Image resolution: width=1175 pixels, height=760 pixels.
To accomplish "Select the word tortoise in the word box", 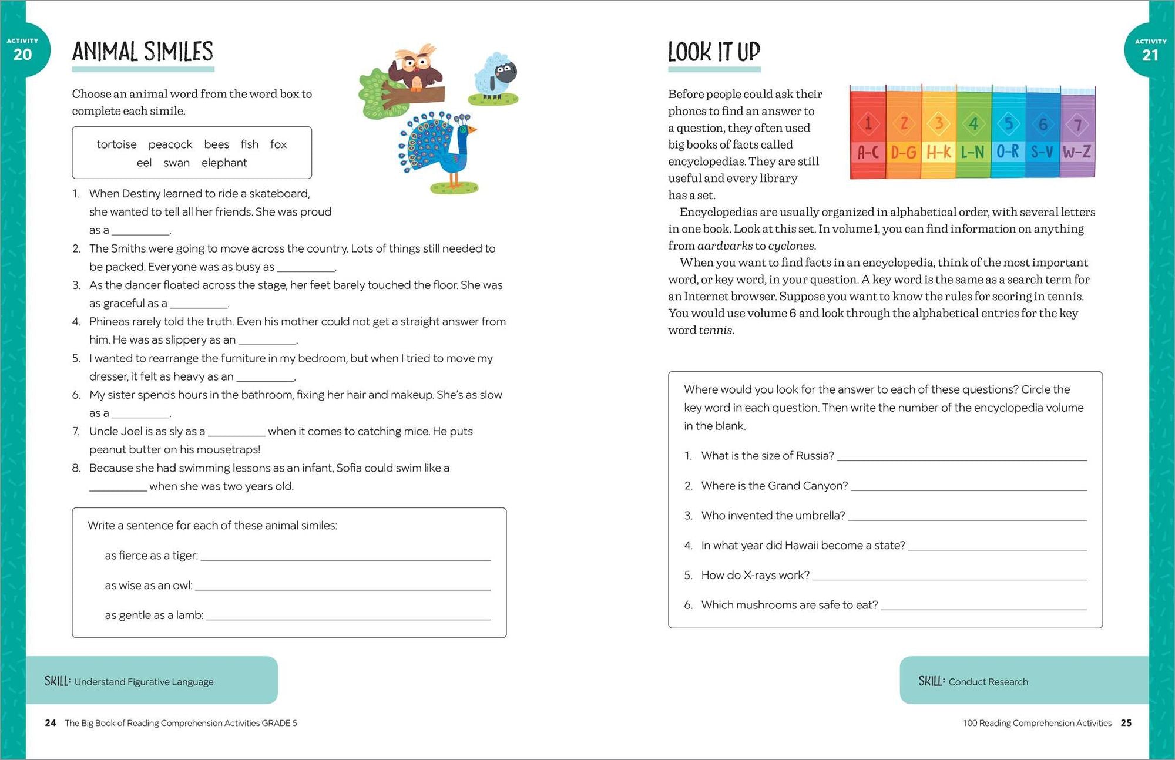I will point(116,144).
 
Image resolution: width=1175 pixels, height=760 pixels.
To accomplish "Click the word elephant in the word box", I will point(224,163).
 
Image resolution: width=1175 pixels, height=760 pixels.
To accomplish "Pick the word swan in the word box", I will point(176,163).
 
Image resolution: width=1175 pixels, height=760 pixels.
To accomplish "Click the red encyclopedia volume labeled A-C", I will point(868,135).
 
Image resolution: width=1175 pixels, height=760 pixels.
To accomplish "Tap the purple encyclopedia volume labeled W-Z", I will point(1077,135).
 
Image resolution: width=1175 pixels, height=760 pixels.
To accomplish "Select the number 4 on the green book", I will point(973,124).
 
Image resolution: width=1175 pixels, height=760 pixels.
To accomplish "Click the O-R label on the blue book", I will point(1008,152).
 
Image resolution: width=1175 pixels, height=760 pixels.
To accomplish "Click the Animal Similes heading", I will point(142,52).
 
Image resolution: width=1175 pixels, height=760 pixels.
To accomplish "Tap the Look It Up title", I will point(714,52).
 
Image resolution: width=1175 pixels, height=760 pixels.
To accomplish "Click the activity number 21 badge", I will point(1150,55).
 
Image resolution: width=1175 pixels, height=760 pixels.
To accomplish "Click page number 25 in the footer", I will point(1126,723).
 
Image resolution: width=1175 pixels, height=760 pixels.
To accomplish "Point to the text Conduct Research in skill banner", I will point(988,682).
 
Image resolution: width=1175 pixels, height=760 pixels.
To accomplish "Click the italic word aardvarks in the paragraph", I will point(724,246).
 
